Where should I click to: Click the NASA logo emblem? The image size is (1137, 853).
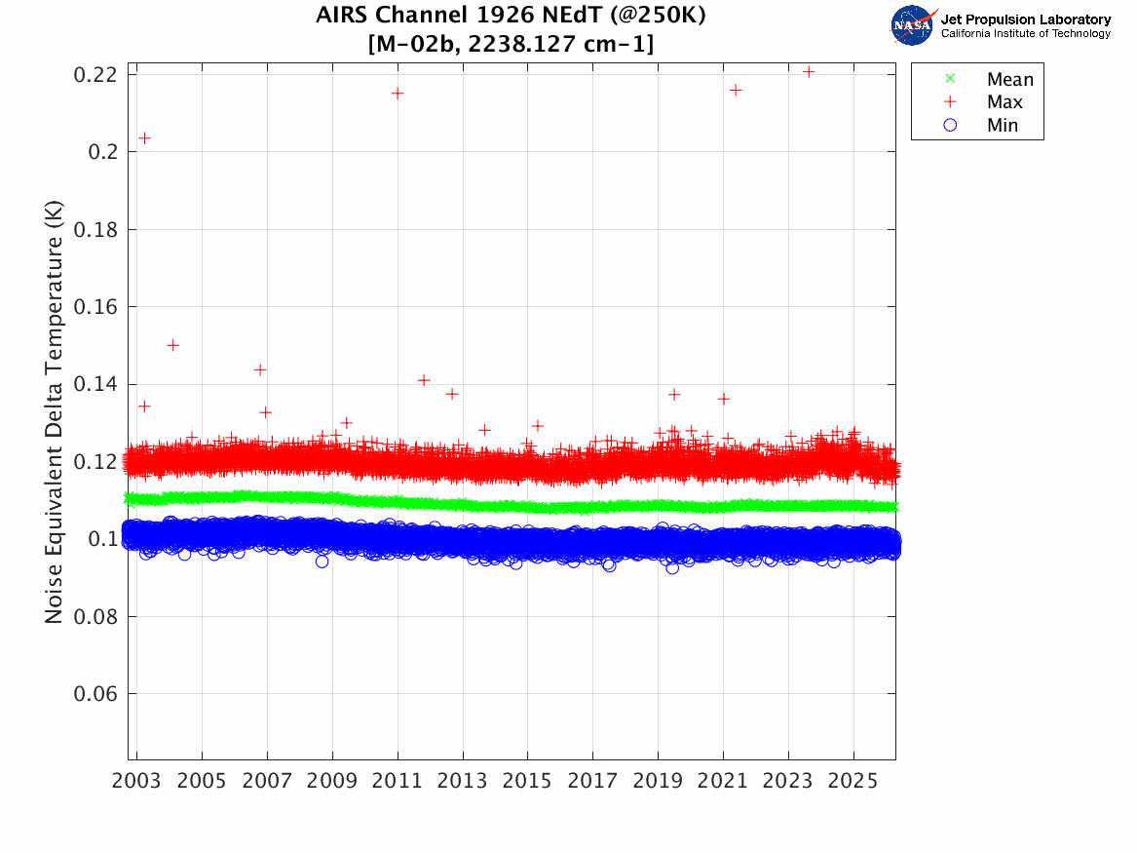pyautogui.click(x=913, y=24)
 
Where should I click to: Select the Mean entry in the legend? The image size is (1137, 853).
pyautogui.click(x=1008, y=79)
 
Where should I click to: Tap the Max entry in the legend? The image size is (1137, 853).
pyautogui.click(x=1004, y=102)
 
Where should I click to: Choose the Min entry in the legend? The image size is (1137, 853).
pyautogui.click(x=1003, y=126)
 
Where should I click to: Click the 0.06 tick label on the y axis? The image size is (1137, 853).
pyautogui.click(x=95, y=694)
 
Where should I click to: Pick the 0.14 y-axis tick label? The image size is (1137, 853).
pyautogui.click(x=95, y=384)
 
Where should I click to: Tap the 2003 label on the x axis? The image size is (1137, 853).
pyautogui.click(x=137, y=783)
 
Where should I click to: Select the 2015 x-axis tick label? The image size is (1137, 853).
pyautogui.click(x=528, y=783)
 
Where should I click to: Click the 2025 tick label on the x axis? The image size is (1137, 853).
pyautogui.click(x=853, y=783)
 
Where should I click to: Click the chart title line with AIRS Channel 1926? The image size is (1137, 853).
pyautogui.click(x=511, y=17)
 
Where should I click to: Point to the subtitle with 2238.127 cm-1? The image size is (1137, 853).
pyautogui.click(x=511, y=44)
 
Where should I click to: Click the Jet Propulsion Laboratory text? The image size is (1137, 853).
pyautogui.click(x=1025, y=19)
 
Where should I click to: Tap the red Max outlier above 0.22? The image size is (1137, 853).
pyautogui.click(x=808, y=71)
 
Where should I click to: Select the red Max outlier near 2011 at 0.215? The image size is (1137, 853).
pyautogui.click(x=398, y=93)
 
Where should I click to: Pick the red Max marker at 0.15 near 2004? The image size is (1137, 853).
pyautogui.click(x=172, y=344)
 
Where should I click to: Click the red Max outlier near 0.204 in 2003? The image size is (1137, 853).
pyautogui.click(x=144, y=137)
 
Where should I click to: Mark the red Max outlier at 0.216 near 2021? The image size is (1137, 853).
pyautogui.click(x=736, y=90)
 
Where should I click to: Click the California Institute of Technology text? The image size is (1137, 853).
pyautogui.click(x=1025, y=34)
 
